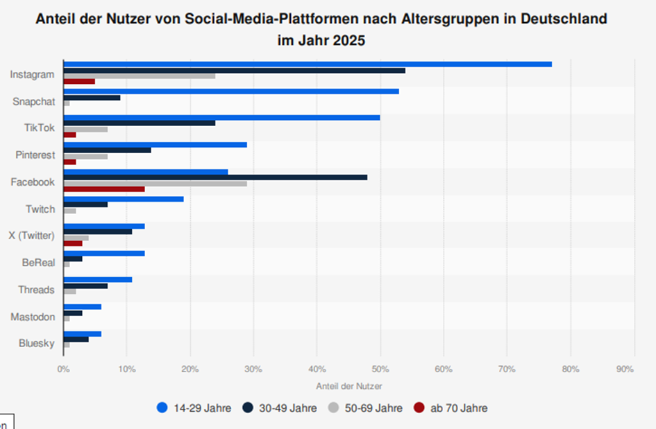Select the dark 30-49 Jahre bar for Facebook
coord(215,177)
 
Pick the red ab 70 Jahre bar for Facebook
coord(104,189)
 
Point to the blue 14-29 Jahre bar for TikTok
coord(221,118)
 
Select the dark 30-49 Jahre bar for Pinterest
coord(107,150)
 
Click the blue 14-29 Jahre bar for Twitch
coord(124,199)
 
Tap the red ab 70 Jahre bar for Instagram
coord(79,81)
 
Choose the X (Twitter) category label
coord(31,236)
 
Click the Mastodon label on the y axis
coord(33,317)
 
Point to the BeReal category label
coord(38,263)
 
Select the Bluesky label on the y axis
coord(35,343)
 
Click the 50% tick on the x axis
coord(380,369)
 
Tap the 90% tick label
coord(625,369)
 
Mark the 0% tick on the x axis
coord(63,369)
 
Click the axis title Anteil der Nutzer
coord(348,385)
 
